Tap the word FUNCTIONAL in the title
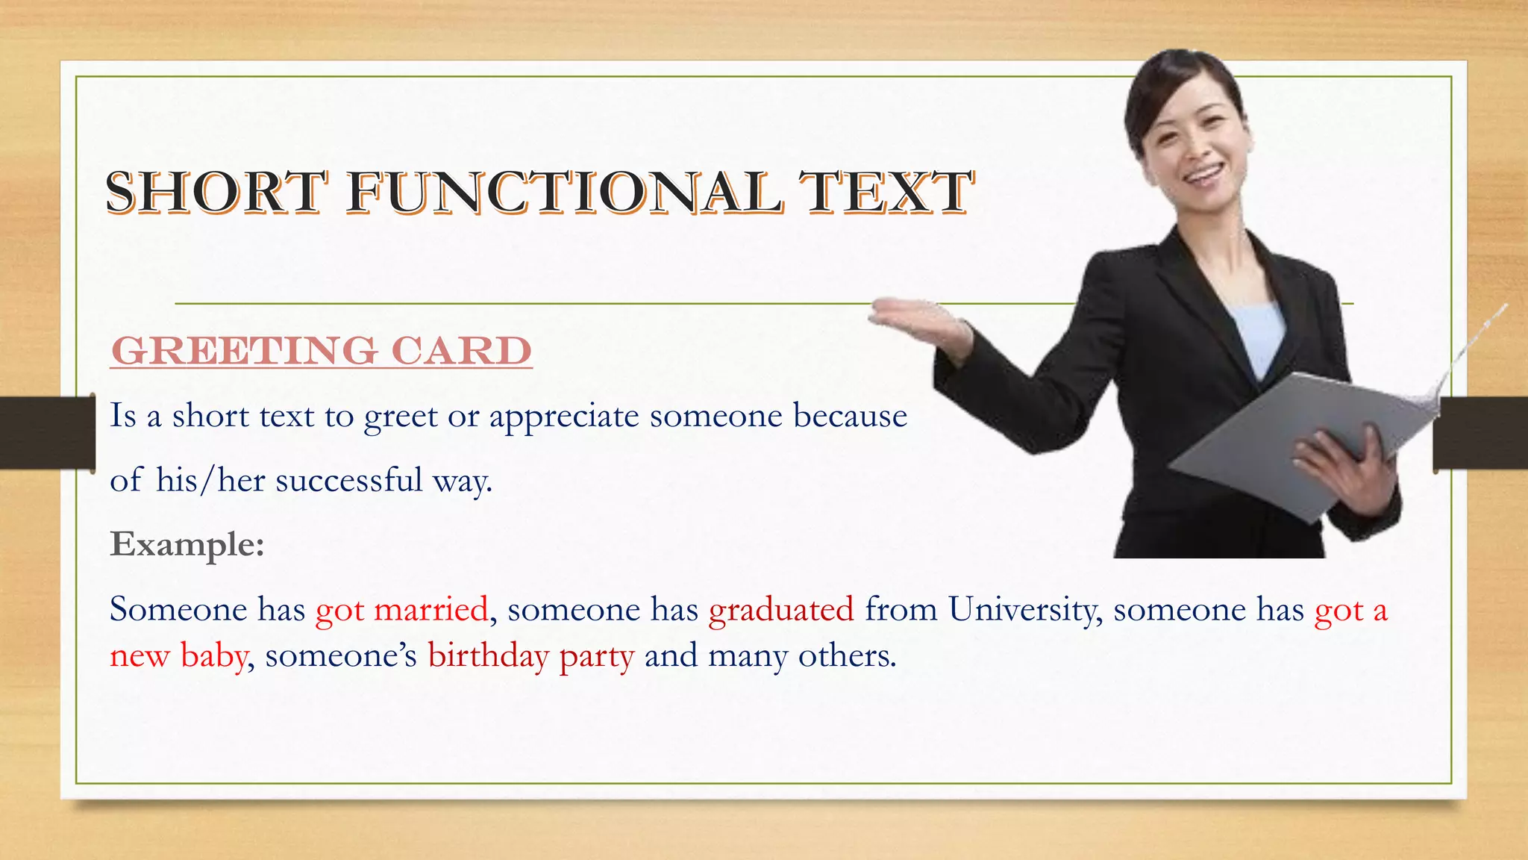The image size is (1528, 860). tap(565, 192)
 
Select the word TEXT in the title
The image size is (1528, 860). tap(886, 192)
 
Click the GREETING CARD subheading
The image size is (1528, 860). tap(321, 350)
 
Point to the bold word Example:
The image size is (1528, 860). tap(187, 544)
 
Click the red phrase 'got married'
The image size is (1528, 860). tap(402, 610)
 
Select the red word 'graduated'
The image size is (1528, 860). tap(781, 610)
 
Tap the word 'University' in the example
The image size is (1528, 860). tap(1022, 610)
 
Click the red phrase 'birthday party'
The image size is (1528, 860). tap(530, 656)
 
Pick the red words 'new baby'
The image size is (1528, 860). tap(178, 656)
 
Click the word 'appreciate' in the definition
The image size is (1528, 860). tap(564, 417)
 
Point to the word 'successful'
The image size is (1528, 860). tap(349, 480)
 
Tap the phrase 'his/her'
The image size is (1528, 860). tap(210, 480)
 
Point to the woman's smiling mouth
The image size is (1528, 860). tap(1203, 175)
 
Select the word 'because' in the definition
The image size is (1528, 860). tap(850, 416)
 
